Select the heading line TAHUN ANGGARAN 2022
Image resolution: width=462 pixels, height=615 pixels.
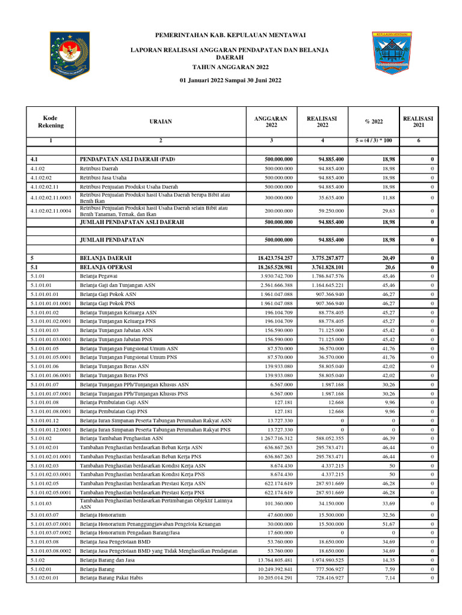click(230, 67)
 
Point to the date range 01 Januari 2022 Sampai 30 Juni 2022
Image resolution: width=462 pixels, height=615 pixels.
click(230, 80)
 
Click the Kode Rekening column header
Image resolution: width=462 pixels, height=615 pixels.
click(51, 121)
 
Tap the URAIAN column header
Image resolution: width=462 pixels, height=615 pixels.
click(161, 121)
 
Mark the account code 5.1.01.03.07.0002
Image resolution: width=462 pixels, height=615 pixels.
click(51, 533)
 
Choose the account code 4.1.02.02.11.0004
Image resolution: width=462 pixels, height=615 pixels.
click(51, 211)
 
